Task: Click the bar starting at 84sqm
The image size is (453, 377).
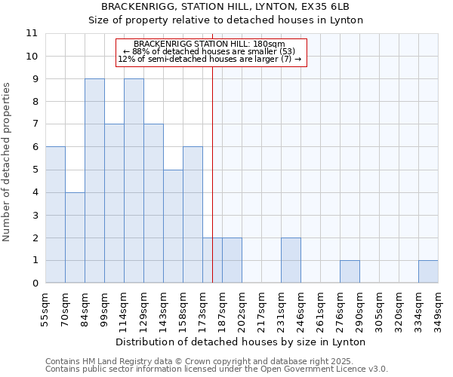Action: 94,181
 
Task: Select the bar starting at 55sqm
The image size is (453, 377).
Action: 55,215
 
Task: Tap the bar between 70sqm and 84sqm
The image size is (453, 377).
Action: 75,238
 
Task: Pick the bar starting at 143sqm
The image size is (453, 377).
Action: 173,226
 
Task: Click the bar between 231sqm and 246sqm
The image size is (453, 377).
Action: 291,260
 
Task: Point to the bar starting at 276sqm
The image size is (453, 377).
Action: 350,271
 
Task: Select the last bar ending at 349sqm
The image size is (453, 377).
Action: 428,271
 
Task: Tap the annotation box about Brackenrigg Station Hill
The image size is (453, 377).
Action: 211,52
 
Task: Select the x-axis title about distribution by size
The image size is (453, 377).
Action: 242,342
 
